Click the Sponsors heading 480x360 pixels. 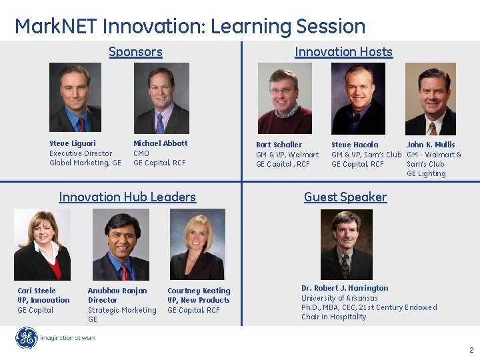pos(135,52)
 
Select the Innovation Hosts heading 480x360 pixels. pos(343,52)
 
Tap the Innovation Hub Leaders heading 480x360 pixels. pos(127,197)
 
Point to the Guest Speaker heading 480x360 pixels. pos(345,197)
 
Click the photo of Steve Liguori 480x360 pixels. pos(75,98)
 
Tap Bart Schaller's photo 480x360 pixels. pos(285,99)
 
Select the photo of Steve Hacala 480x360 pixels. pos(358,99)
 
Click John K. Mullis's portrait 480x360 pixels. pos(430,99)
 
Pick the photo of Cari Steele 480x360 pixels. pos(42,245)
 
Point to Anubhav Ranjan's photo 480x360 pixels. pos(121,245)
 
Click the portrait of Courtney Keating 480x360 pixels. pos(197,245)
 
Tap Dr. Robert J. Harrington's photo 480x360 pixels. pos(347,245)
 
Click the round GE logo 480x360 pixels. pos(27,338)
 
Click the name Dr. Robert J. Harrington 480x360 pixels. pos(345,289)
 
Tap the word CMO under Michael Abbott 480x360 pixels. pos(141,153)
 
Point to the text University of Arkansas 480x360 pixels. pos(339,298)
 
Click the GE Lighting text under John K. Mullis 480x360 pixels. pos(426,174)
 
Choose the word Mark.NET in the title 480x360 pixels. pos(57,27)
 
